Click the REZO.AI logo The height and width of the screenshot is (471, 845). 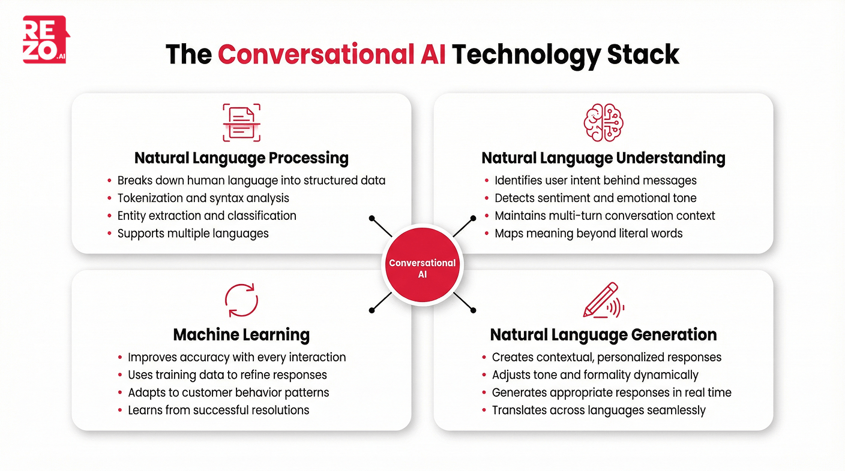coord(46,40)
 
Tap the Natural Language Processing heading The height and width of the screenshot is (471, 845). coord(241,158)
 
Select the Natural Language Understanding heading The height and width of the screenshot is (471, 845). coord(603,158)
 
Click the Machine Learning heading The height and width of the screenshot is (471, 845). coord(241,334)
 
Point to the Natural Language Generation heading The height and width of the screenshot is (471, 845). coord(603,334)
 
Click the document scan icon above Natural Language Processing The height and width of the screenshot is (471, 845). coord(241,122)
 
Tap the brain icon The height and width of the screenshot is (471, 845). coord(603,122)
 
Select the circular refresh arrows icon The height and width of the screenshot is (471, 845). coord(241,300)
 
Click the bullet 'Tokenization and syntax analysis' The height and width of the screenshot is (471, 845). coord(203,198)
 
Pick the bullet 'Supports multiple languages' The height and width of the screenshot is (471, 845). coord(193,233)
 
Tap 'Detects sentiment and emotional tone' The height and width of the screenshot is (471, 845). coord(595,198)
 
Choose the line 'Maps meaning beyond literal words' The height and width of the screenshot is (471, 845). coord(588,233)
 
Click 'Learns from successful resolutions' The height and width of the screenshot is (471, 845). coord(218,410)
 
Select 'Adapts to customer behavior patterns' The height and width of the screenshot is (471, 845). coord(228,393)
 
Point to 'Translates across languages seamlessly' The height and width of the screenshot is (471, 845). coord(598,410)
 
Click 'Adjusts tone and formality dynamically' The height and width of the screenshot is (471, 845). coord(595,375)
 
